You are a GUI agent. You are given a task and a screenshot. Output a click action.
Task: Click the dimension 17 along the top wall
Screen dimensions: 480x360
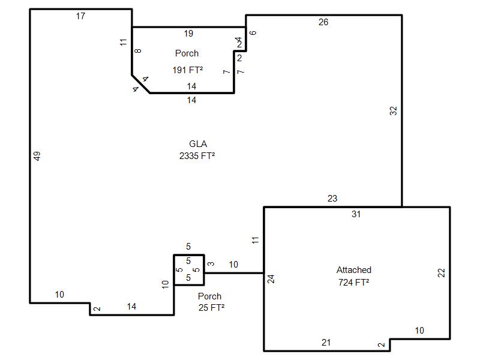pyautogui.click(x=80, y=16)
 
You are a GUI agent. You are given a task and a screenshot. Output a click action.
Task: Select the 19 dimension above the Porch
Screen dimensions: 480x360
pyautogui.click(x=188, y=34)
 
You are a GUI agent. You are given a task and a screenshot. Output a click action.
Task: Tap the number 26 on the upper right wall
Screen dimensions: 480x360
pyautogui.click(x=323, y=22)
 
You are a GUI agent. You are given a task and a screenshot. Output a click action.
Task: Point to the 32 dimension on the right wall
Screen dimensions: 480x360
pyautogui.click(x=394, y=110)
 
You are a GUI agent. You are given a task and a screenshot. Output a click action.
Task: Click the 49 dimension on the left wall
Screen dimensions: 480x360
pyautogui.click(x=37, y=156)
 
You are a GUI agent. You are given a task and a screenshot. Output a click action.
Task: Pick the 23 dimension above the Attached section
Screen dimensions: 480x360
pyautogui.click(x=332, y=199)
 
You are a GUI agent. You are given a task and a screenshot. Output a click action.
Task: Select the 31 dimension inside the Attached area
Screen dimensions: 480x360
pyautogui.click(x=356, y=214)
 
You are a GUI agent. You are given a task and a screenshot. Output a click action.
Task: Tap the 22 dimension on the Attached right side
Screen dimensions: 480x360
pyautogui.click(x=441, y=272)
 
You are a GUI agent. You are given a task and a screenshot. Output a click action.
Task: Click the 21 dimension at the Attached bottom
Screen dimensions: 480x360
pyautogui.click(x=326, y=342)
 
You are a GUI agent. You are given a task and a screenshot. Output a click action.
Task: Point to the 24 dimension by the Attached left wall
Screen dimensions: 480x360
pyautogui.click(x=271, y=279)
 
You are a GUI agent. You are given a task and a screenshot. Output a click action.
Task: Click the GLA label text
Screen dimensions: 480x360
pyautogui.click(x=198, y=143)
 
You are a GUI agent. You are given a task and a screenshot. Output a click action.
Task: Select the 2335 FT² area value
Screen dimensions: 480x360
pyautogui.click(x=197, y=156)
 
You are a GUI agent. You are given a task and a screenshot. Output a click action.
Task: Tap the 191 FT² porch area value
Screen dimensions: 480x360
pyautogui.click(x=188, y=70)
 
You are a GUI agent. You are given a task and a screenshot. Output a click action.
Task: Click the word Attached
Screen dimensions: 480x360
pyautogui.click(x=354, y=269)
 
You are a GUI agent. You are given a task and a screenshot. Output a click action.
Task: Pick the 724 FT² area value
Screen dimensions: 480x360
pyautogui.click(x=353, y=282)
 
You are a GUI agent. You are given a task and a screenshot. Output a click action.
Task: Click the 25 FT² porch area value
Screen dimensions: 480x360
pyautogui.click(x=212, y=307)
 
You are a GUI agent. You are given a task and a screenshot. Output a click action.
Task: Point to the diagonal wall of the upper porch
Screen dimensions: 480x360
pyautogui.click(x=141, y=84)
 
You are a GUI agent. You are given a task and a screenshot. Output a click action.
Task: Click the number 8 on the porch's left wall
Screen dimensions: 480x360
pyautogui.click(x=138, y=50)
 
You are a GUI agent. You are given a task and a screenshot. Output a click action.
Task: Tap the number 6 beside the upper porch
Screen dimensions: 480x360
pyautogui.click(x=253, y=33)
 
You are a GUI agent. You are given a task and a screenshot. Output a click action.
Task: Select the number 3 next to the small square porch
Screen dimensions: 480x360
pyautogui.click(x=211, y=263)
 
